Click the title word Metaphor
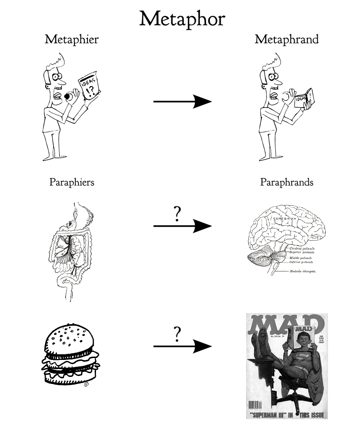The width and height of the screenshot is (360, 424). [182, 19]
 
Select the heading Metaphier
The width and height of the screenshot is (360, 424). [72, 40]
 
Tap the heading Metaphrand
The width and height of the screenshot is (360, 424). [286, 40]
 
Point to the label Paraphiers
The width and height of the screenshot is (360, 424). [72, 182]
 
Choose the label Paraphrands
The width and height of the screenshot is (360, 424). [286, 182]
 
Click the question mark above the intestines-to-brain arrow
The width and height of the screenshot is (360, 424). [177, 214]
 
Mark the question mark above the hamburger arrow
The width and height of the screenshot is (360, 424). [177, 334]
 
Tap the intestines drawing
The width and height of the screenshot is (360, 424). [71, 247]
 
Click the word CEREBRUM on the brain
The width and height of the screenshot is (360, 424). [281, 220]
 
